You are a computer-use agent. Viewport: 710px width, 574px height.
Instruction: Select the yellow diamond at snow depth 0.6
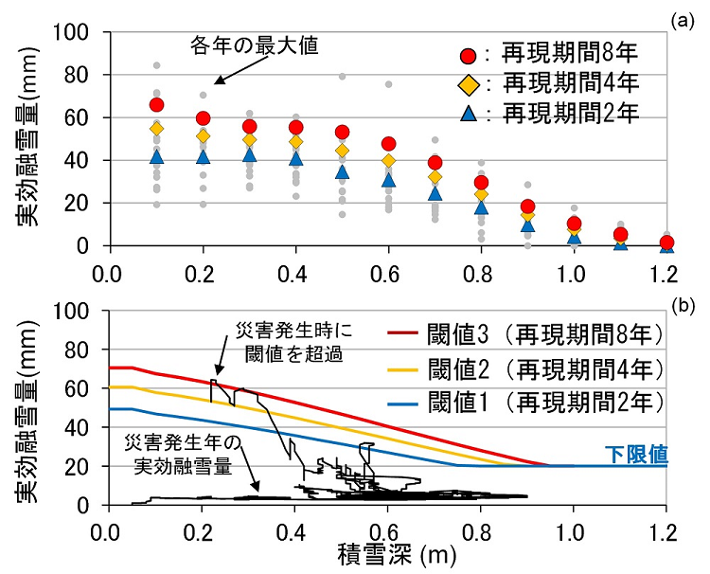(389, 161)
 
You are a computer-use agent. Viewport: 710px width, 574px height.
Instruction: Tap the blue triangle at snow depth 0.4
(296, 157)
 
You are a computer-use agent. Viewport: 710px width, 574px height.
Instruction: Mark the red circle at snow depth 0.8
(482, 183)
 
